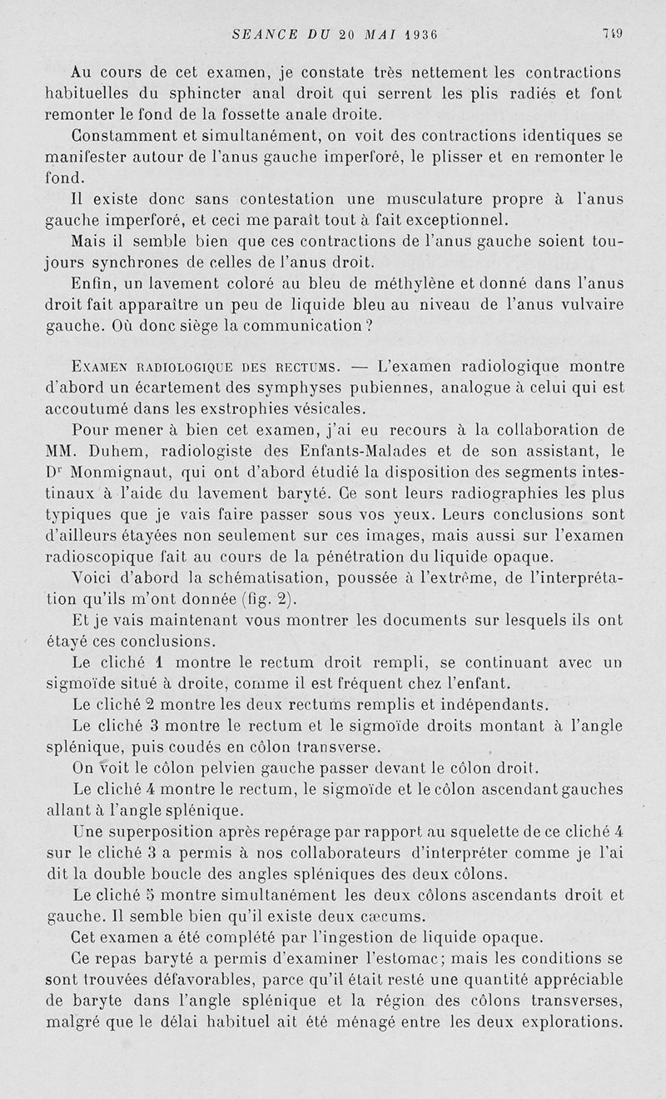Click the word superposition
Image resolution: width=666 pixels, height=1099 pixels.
(x=149, y=831)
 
